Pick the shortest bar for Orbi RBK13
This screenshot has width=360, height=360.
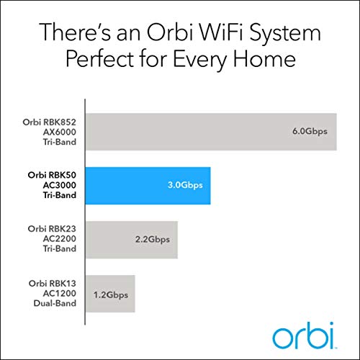click(x=112, y=293)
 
